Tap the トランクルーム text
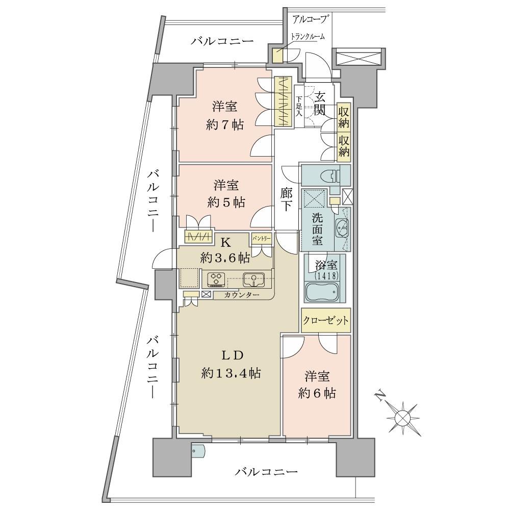coord(308,36)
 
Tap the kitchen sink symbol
coord(253,279)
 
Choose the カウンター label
coord(242,295)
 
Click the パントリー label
coord(261,238)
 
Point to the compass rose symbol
coord(403,417)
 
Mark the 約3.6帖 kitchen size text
coord(225,258)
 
